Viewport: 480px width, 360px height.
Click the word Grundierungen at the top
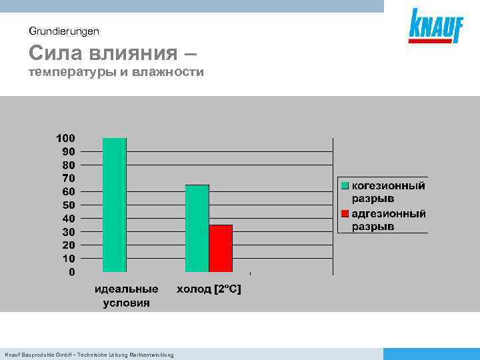[x=64, y=31]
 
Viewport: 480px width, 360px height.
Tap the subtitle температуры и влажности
[x=116, y=71]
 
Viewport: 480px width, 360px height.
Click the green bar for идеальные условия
[x=114, y=205]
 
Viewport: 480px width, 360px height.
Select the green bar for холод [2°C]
[x=197, y=228]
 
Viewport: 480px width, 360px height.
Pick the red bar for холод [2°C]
[x=221, y=248]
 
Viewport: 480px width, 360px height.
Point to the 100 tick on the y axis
[x=65, y=138]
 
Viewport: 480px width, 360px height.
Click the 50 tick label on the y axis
[x=69, y=205]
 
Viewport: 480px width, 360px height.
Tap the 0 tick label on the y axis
[x=72, y=272]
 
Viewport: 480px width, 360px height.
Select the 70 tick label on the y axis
[x=69, y=178]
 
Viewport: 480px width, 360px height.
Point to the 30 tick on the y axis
[x=69, y=231]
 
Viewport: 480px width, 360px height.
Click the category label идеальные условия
[x=126, y=295]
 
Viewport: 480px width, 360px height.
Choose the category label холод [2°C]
[x=209, y=289]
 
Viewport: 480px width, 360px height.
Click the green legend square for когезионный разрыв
[x=345, y=185]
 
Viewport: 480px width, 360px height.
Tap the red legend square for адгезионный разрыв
[x=345, y=214]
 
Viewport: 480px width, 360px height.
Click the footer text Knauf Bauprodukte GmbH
[x=89, y=355]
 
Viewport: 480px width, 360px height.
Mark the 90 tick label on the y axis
[x=69, y=151]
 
